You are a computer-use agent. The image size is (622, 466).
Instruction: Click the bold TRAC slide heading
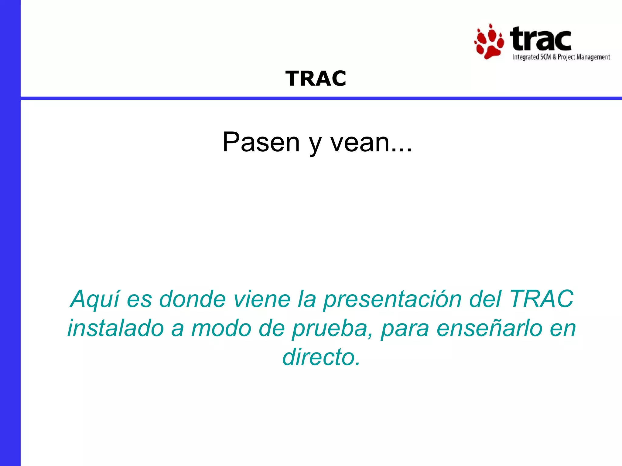coord(316,79)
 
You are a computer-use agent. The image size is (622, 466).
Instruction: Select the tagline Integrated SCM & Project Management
coord(561,57)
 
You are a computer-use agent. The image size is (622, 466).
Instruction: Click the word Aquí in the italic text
coord(95,299)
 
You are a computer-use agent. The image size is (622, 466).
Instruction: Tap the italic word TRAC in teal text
coord(541,299)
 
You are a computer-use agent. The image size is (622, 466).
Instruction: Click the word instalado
coord(115,328)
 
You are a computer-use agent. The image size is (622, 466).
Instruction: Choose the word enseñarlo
coord(489,328)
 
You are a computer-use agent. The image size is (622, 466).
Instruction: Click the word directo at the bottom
coord(321,357)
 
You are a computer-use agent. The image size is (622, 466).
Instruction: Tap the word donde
coord(192,299)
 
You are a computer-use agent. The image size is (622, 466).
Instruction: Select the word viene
coord(262,299)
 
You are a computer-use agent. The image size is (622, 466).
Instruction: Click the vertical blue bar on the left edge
coord(10,233)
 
